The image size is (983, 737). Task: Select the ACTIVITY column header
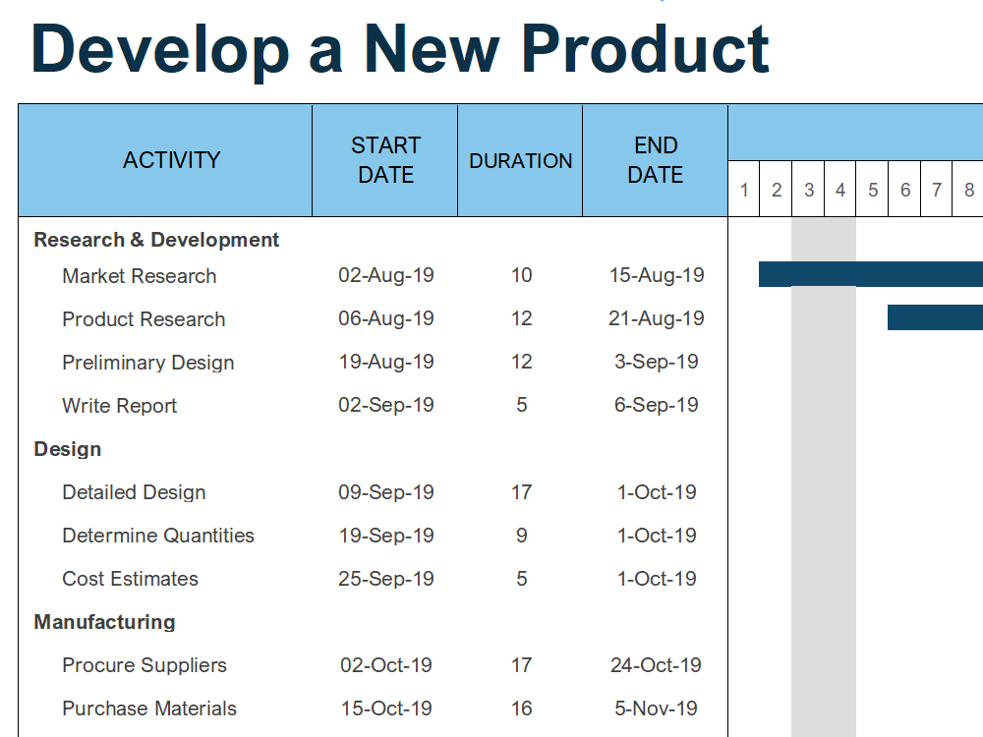171,160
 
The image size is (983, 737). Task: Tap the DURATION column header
520,161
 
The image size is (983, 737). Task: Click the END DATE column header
656,160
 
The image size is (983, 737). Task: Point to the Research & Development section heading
156,240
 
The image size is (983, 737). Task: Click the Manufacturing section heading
105,622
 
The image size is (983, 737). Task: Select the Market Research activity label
140,276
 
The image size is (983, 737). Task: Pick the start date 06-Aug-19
386,318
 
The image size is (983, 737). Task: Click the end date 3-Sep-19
657,362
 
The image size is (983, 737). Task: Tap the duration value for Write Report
522,405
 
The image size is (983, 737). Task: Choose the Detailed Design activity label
134,492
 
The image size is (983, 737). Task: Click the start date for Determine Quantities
386,536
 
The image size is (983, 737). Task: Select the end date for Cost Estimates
657,579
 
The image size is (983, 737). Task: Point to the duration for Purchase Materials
522,709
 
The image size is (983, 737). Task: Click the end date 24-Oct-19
656,665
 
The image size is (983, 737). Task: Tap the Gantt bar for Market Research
871,274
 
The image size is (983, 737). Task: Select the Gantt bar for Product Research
936,317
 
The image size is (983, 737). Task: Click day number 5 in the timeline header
873,190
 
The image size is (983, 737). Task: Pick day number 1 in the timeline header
744,190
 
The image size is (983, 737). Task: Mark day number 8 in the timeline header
969,190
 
